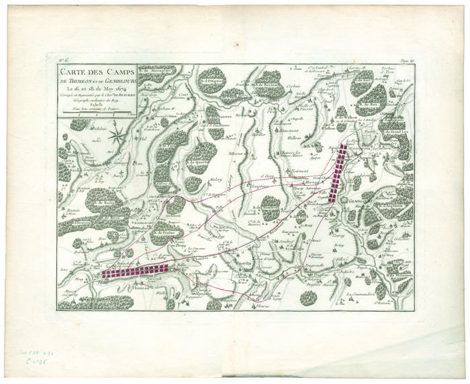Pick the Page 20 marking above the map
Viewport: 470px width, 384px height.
pyautogui.click(x=404, y=60)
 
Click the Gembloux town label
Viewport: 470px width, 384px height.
pyautogui.click(x=357, y=200)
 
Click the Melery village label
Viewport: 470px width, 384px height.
pyautogui.click(x=215, y=180)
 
